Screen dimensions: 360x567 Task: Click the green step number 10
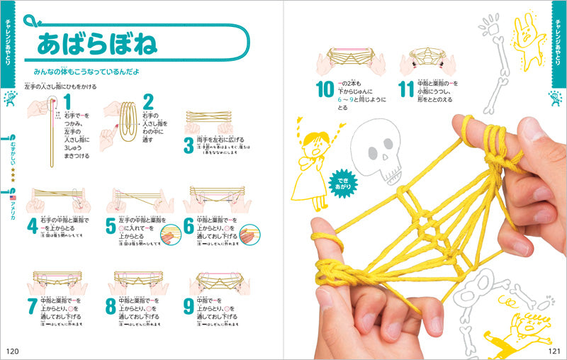coord(325,90)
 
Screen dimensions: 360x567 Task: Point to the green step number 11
coord(406,90)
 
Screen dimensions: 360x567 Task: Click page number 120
coord(13,351)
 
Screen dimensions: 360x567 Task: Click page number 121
coord(554,351)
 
